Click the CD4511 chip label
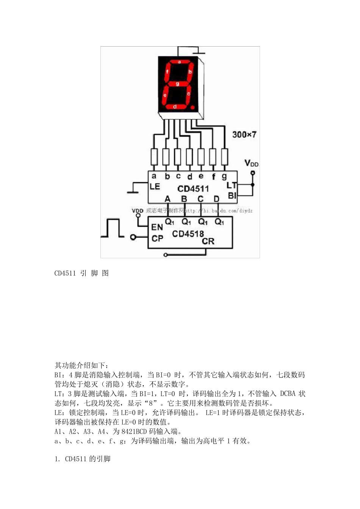pos(193,189)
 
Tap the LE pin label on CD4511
pos(155,186)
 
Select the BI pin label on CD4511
pos(232,195)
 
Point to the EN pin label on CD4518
pos(157,227)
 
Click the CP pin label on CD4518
pos(157,239)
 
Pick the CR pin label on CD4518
pos(208,241)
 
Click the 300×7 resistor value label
pos(244,134)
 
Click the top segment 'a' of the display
pos(179,61)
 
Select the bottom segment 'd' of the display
pos(175,107)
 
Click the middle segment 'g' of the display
pos(177,84)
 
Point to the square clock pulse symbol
pos(113,228)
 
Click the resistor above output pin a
pos(154,157)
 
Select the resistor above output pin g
pos(225,157)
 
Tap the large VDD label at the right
pos(251,163)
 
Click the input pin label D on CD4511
pos(216,198)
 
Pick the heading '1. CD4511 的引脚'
pos(82,459)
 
